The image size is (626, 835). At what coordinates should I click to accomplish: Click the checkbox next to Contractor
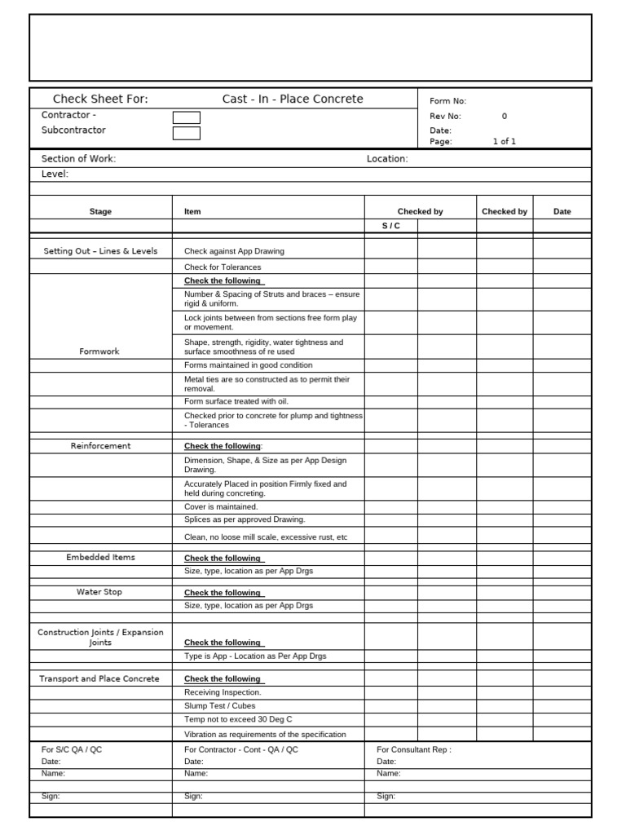coord(186,117)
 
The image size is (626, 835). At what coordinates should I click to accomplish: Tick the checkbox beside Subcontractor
coord(186,133)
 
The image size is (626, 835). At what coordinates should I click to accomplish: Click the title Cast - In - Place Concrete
coord(293,99)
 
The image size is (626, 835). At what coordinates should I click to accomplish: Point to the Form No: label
coord(447,101)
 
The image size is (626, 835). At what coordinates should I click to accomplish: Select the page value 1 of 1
coord(504,141)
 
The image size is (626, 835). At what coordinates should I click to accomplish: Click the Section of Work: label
coord(78,159)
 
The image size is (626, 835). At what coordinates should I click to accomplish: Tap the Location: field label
coord(387,159)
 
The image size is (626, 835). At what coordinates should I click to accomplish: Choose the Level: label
coord(55,174)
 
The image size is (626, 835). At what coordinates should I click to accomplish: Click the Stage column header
coord(100,211)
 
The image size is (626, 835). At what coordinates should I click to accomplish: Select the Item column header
coord(192,211)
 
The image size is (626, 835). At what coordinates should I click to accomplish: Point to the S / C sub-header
coord(391,226)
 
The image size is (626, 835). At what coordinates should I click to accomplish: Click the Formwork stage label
coord(99,351)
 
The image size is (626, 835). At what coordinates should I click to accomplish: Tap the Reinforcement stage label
coord(100,446)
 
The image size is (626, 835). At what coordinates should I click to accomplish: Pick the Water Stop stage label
coord(99,592)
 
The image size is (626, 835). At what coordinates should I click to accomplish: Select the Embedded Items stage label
coord(100,558)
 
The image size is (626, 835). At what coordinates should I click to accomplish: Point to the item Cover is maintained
coord(221,506)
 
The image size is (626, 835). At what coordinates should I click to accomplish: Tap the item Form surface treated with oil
coord(236,401)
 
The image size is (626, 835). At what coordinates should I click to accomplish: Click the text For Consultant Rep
coord(413,749)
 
